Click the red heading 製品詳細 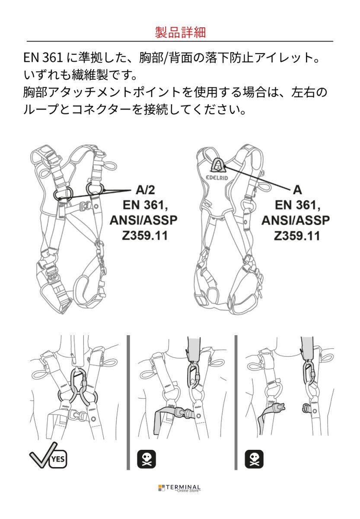pyautogui.click(x=180, y=32)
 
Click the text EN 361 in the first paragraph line pyautogui.click(x=43, y=58)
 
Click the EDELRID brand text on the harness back pyautogui.click(x=217, y=177)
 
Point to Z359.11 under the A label pyautogui.click(x=296, y=236)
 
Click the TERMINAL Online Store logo pyautogui.click(x=180, y=488)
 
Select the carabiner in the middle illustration pyautogui.click(x=194, y=375)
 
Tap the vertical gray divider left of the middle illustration pyautogui.click(x=128, y=402)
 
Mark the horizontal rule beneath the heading pyautogui.click(x=180, y=41)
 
